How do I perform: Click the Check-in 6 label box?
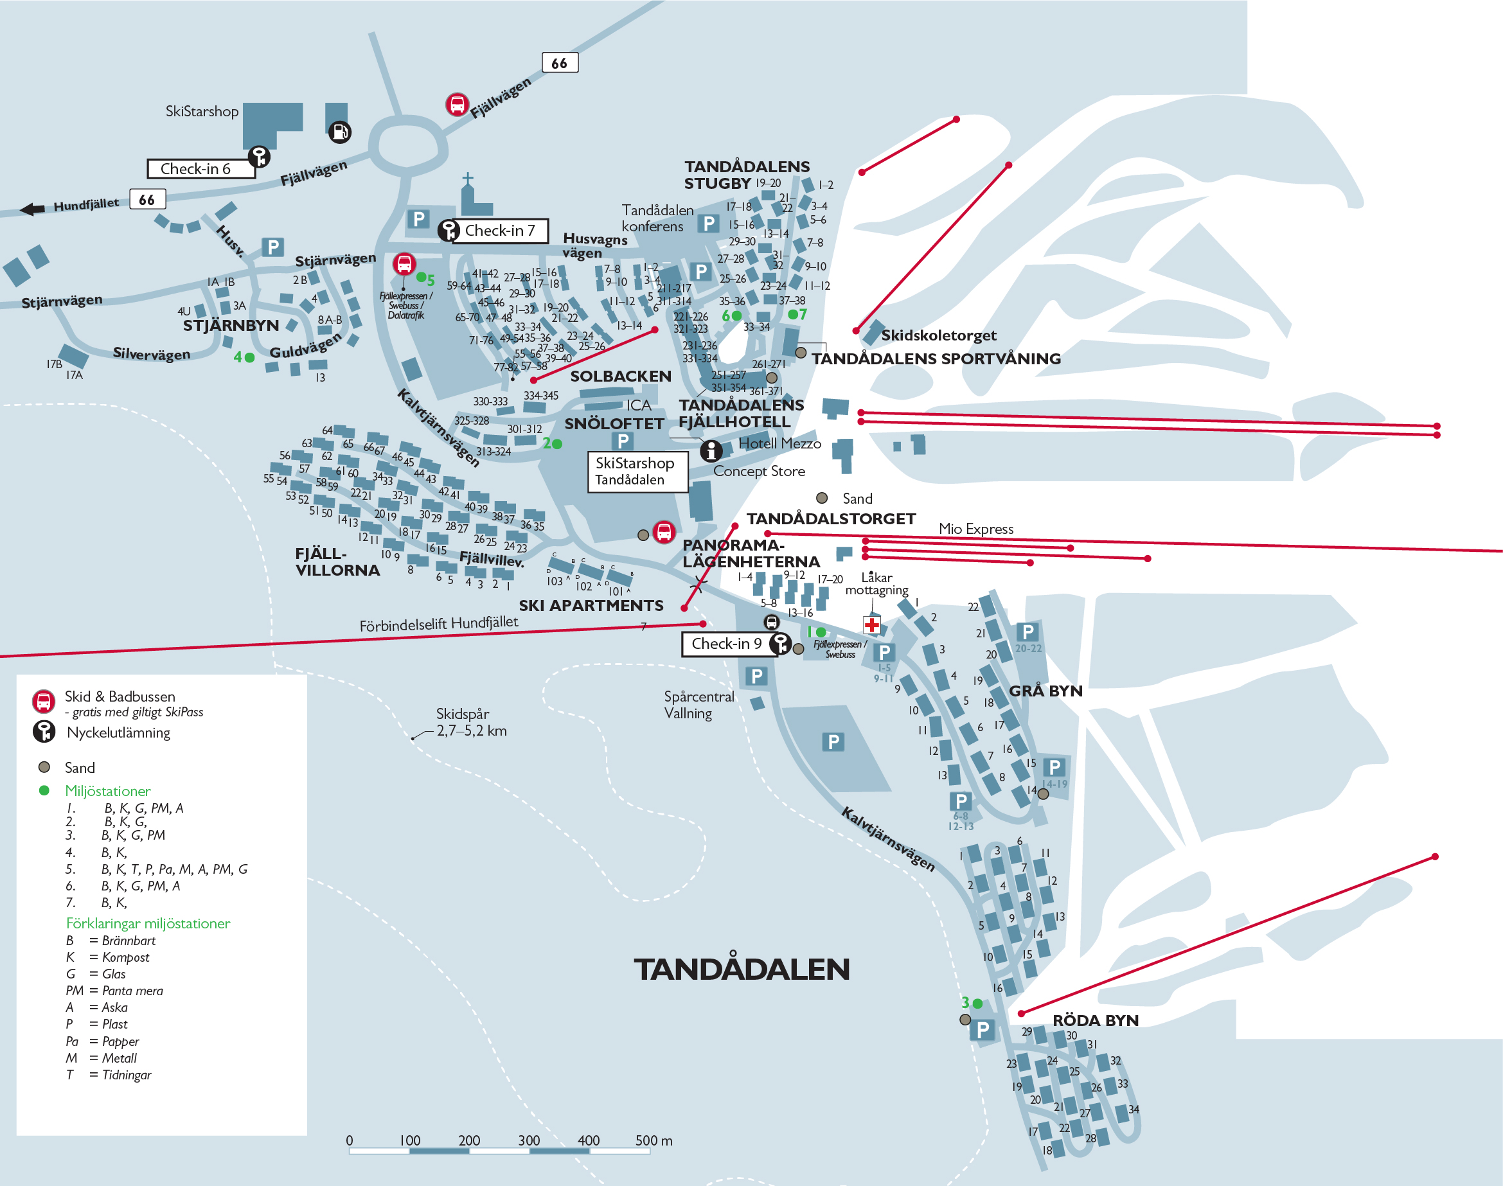[x=200, y=169]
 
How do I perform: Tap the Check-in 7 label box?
[x=500, y=231]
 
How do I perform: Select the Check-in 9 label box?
[x=726, y=644]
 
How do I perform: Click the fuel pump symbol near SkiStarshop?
[x=340, y=131]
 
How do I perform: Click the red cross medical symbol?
[x=871, y=624]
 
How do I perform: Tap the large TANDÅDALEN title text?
[x=741, y=969]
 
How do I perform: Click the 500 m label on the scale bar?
[x=653, y=1140]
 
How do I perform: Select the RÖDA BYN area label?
[x=1096, y=1020]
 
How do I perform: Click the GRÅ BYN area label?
[x=1045, y=691]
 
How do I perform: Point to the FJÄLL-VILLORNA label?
[x=337, y=562]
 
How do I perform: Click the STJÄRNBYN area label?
[x=231, y=326]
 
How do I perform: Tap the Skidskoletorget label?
[x=938, y=335]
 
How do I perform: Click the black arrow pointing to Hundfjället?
[x=32, y=209]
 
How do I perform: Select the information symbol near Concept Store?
[x=711, y=450]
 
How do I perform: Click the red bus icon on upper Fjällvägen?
[x=457, y=104]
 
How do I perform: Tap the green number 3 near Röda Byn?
[x=965, y=1002]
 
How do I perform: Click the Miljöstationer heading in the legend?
[x=108, y=791]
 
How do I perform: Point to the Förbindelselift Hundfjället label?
[x=438, y=624]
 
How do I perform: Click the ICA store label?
[x=638, y=405]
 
